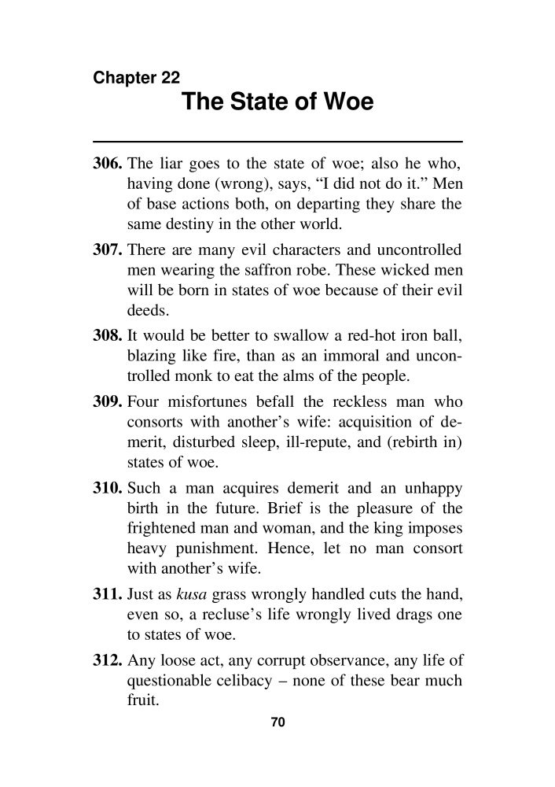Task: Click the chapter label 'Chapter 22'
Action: pos(137,78)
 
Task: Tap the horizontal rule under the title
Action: pos(277,141)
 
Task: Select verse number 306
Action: pos(108,166)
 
